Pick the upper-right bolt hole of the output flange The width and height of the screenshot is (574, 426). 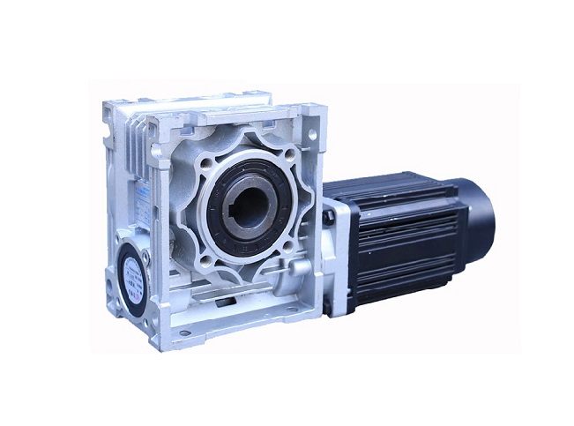pos(287,155)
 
